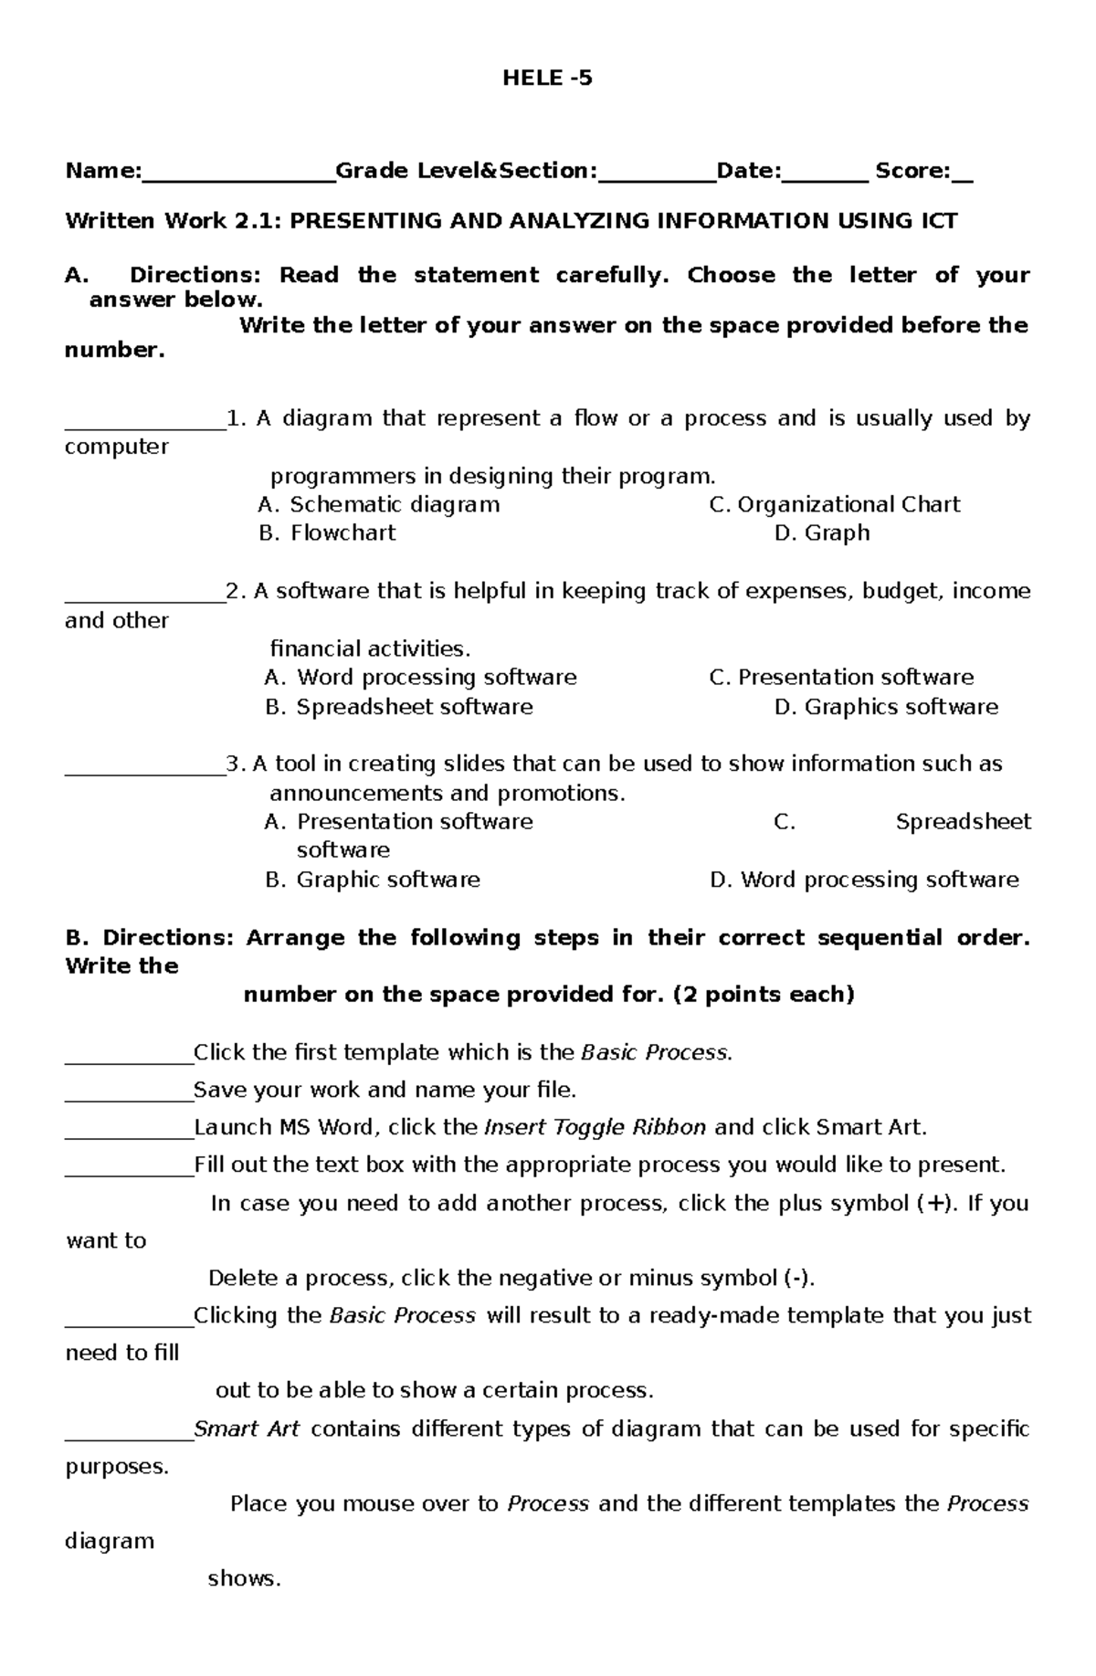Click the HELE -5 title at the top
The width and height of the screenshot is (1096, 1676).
[x=547, y=79]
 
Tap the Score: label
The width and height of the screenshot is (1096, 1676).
[x=912, y=171]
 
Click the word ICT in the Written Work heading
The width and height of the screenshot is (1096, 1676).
[x=935, y=221]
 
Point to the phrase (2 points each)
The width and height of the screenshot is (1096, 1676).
[x=763, y=995]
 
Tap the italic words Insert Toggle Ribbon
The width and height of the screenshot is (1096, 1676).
[x=595, y=1127]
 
